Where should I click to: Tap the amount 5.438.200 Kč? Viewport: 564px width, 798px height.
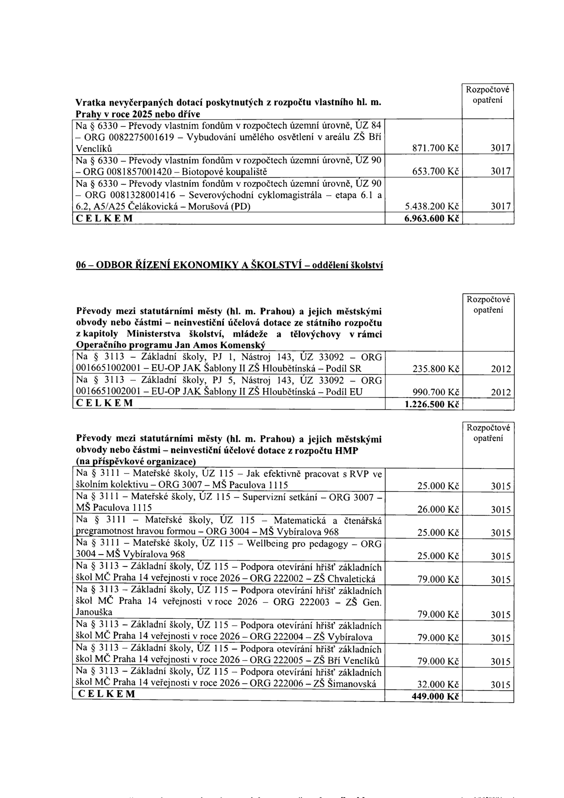coord(431,207)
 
